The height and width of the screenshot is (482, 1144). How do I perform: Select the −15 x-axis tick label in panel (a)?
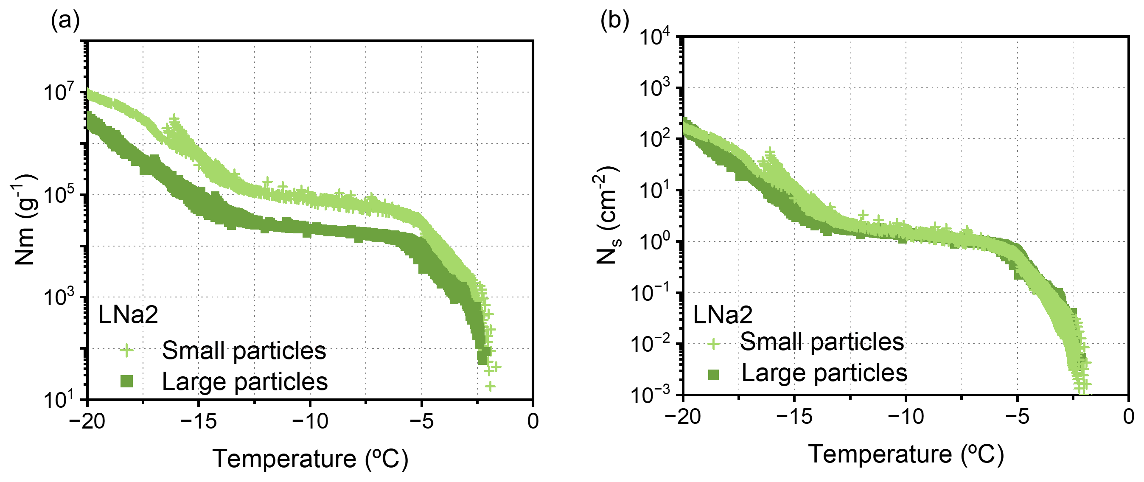198,421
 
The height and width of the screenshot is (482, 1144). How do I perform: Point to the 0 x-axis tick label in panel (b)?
1128,417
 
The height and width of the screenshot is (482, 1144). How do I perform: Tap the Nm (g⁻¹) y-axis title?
25,220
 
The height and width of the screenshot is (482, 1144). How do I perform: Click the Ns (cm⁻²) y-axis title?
608,216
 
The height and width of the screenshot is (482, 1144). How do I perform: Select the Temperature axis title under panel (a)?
310,459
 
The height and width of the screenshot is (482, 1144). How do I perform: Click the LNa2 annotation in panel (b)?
723,315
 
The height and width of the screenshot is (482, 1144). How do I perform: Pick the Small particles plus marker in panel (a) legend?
126,350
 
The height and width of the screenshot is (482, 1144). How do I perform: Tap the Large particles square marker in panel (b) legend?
713,375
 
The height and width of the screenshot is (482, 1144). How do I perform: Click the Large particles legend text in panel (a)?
245,381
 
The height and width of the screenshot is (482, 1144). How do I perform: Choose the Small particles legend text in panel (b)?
822,342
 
